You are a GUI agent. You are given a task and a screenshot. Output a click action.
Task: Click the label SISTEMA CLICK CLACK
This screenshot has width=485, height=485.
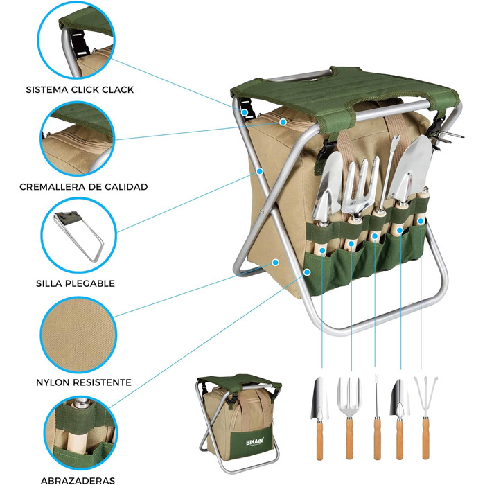coord(80,89)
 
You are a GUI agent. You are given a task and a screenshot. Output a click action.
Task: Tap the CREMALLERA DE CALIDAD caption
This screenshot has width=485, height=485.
coord(84,187)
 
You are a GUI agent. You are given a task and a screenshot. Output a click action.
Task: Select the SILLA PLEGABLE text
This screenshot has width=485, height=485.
coord(76,283)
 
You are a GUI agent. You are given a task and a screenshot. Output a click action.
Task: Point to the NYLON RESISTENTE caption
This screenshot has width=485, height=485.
coord(84,382)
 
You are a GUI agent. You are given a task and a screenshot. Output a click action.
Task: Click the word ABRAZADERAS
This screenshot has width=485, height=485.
coord(78,480)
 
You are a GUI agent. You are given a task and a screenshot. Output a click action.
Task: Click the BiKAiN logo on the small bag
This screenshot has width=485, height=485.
coord(254,442)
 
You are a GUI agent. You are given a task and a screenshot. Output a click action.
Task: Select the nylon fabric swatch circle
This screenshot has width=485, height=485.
coord(78,335)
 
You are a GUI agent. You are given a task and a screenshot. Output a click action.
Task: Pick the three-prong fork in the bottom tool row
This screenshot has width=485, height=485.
coord(349,418)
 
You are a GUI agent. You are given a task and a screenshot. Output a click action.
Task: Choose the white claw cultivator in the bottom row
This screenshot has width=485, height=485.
coord(425,418)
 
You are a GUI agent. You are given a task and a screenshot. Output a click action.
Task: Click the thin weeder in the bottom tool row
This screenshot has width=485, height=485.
coord(377,418)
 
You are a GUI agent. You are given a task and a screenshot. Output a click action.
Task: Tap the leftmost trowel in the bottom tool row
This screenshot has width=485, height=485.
coord(320,418)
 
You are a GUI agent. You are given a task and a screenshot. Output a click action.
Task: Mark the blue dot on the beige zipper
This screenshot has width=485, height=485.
coord(283,122)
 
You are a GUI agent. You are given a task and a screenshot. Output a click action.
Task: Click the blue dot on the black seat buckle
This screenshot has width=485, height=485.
coord(245,112)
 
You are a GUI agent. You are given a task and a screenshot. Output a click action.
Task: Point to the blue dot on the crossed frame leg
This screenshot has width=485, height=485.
coord(260,171)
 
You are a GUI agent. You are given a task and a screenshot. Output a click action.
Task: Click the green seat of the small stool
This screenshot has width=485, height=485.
coord(240,382)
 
